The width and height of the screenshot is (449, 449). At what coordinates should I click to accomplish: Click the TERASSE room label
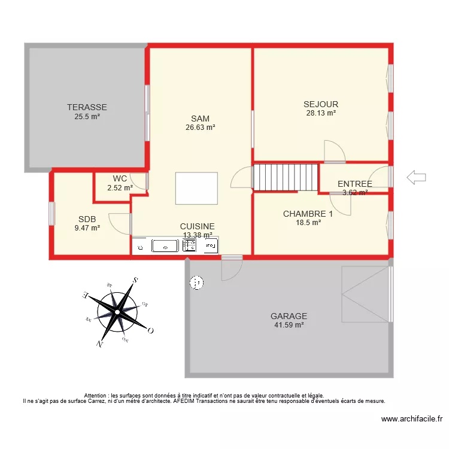click(x=87, y=107)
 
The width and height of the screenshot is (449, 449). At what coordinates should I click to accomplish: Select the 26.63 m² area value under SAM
click(x=201, y=127)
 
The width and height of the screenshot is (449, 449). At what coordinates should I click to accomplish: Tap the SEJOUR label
click(x=321, y=104)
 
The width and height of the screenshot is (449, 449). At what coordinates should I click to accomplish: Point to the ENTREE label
click(x=354, y=184)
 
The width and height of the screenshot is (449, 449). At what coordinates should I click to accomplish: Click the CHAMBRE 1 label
click(x=308, y=214)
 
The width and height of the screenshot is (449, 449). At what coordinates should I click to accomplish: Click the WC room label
click(x=120, y=178)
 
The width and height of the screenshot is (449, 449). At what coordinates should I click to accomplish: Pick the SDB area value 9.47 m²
click(x=87, y=227)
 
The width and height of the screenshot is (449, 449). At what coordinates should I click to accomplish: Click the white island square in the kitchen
click(x=196, y=188)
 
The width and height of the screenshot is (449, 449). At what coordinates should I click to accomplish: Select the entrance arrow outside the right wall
click(x=415, y=177)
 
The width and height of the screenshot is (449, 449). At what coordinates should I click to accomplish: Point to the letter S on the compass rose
click(x=136, y=280)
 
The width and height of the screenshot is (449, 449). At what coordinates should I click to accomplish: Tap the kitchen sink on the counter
click(x=165, y=245)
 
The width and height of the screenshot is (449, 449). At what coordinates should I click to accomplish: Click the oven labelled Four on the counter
click(x=210, y=245)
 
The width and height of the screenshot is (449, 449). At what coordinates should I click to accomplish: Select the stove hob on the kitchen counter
click(x=190, y=245)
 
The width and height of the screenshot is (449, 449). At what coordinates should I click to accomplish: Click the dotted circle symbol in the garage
click(x=197, y=282)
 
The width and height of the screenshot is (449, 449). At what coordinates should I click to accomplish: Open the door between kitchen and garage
click(x=231, y=266)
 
